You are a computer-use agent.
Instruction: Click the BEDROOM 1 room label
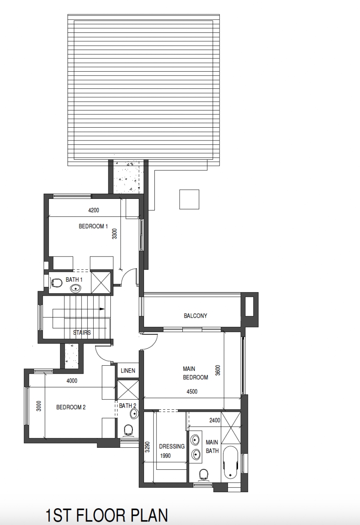coord(93,226)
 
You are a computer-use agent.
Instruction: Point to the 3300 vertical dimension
coord(115,233)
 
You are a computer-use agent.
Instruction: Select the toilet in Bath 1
coord(57,283)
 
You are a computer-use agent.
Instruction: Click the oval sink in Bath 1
coord(75,288)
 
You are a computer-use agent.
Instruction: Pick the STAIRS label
coord(82,333)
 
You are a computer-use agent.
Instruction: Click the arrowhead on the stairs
coord(102,309)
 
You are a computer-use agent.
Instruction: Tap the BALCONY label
coord(196,316)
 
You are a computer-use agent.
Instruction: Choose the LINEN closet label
coord(128,371)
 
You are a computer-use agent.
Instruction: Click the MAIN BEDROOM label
coord(196,373)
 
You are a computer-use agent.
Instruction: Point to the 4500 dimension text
coord(192,392)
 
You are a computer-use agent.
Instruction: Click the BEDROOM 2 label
coord(71,407)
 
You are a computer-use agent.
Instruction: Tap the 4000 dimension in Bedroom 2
coord(72,381)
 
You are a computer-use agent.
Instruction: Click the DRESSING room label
coord(172,447)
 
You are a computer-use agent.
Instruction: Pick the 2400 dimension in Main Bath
coord(215,421)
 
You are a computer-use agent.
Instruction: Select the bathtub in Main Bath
coord(230,463)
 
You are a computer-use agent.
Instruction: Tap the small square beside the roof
coord(189,199)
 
